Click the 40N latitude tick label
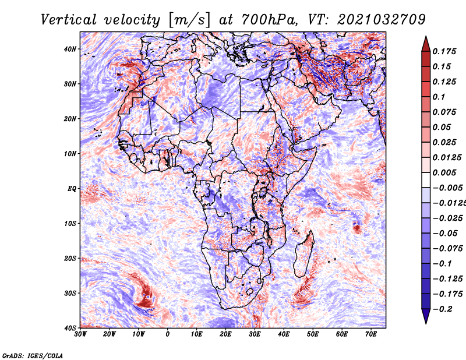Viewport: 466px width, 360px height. [70, 49]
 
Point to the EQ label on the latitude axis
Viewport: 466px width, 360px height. [72, 189]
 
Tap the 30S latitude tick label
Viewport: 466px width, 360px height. [70, 293]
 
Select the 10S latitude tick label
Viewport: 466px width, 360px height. [70, 224]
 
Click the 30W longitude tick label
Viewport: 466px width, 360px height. [80, 334]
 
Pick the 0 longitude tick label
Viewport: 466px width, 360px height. [168, 334]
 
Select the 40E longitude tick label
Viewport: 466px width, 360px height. [284, 334]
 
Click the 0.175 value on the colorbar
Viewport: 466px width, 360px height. [444, 51]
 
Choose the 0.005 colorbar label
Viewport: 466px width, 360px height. [444, 172]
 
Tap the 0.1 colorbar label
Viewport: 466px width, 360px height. [439, 97]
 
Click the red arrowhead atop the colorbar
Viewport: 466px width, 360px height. [426, 44]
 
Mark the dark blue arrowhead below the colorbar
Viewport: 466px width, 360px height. [426, 316]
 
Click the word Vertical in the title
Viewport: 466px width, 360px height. [69, 20]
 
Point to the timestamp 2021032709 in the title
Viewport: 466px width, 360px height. [382, 20]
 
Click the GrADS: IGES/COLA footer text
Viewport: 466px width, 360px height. [32, 355]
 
